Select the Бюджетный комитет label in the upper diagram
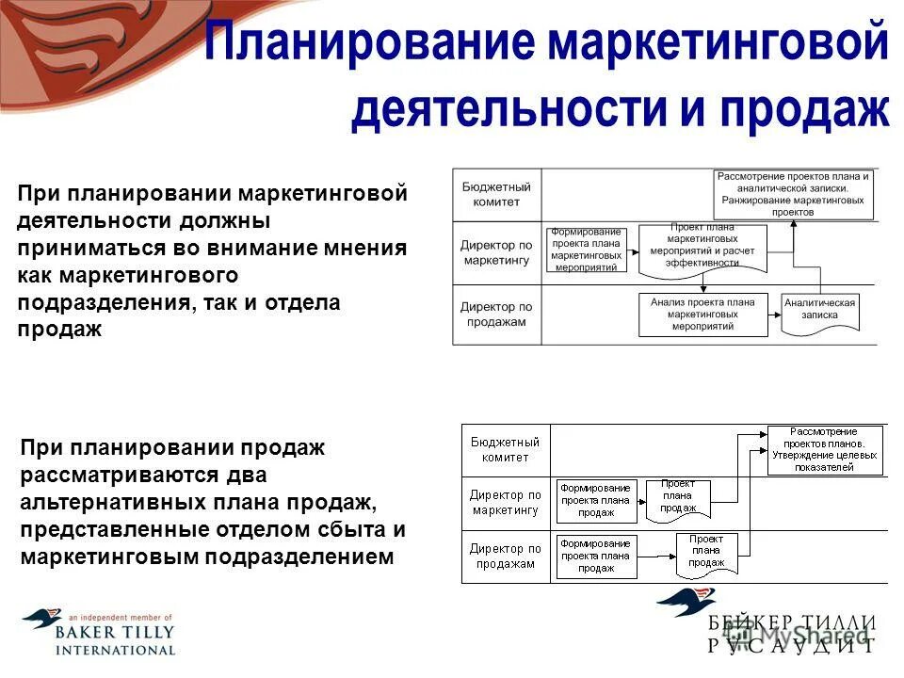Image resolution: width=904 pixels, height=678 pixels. click(x=490, y=195)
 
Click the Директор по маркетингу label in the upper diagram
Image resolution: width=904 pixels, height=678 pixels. click(x=495, y=252)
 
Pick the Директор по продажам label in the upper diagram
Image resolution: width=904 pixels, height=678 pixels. click(x=495, y=315)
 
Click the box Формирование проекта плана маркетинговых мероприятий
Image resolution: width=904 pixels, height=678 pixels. click(x=586, y=250)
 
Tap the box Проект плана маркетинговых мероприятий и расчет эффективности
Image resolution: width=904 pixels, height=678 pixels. click(x=702, y=248)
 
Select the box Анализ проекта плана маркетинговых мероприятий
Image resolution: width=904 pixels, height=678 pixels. click(x=702, y=315)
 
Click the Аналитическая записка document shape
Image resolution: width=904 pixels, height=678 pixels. click(x=820, y=312)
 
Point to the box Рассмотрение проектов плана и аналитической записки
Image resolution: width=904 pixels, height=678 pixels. click(x=793, y=194)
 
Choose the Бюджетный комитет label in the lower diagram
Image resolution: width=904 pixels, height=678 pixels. click(x=505, y=449)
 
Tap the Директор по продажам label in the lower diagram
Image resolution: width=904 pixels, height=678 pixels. click(x=505, y=557)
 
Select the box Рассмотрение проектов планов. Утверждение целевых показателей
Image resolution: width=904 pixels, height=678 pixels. click(x=824, y=449)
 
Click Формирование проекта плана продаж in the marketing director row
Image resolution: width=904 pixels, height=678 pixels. click(x=596, y=501)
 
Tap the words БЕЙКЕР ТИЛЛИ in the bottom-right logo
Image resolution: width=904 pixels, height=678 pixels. click(x=791, y=623)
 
